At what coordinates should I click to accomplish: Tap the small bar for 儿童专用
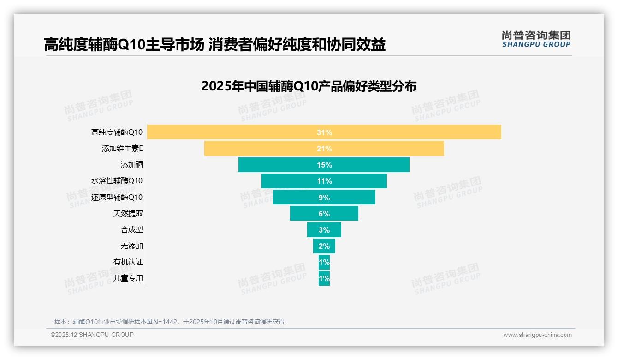tap(324, 278)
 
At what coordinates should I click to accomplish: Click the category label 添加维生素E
tap(122, 149)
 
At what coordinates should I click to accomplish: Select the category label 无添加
tap(132, 246)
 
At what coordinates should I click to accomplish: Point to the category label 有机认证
tap(128, 262)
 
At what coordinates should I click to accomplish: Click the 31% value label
tap(324, 132)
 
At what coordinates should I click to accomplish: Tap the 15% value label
tap(324, 165)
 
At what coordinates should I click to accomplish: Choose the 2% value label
tap(324, 246)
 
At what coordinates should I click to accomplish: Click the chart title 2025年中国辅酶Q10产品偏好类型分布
tap(309, 86)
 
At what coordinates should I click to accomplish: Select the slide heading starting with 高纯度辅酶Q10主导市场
tap(214, 45)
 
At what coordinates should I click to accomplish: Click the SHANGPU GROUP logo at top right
tap(536, 39)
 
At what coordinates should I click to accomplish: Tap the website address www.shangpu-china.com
tap(537, 335)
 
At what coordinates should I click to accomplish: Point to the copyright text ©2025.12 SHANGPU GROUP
tap(92, 335)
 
